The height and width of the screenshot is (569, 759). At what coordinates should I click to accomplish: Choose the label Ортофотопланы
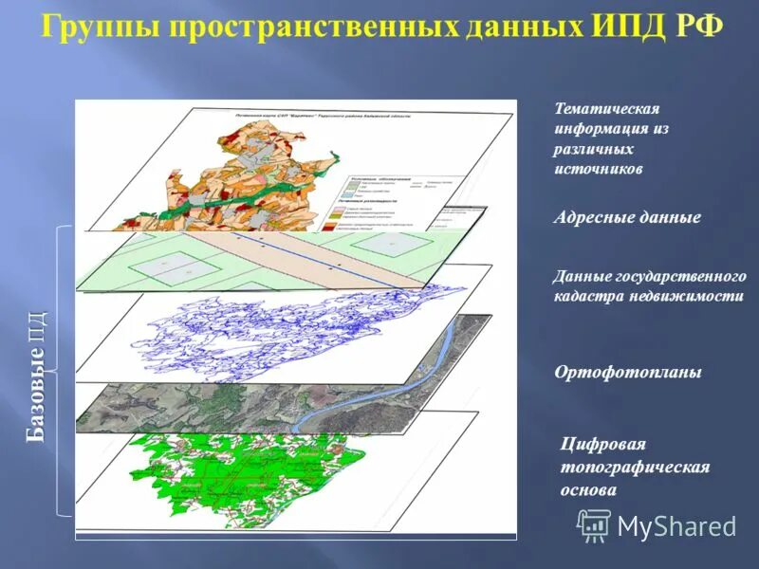(628, 373)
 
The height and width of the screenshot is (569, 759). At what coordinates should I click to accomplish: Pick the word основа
(589, 490)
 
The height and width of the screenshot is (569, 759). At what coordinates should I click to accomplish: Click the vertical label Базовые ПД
(36, 376)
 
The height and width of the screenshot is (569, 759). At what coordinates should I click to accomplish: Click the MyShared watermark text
(676, 525)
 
